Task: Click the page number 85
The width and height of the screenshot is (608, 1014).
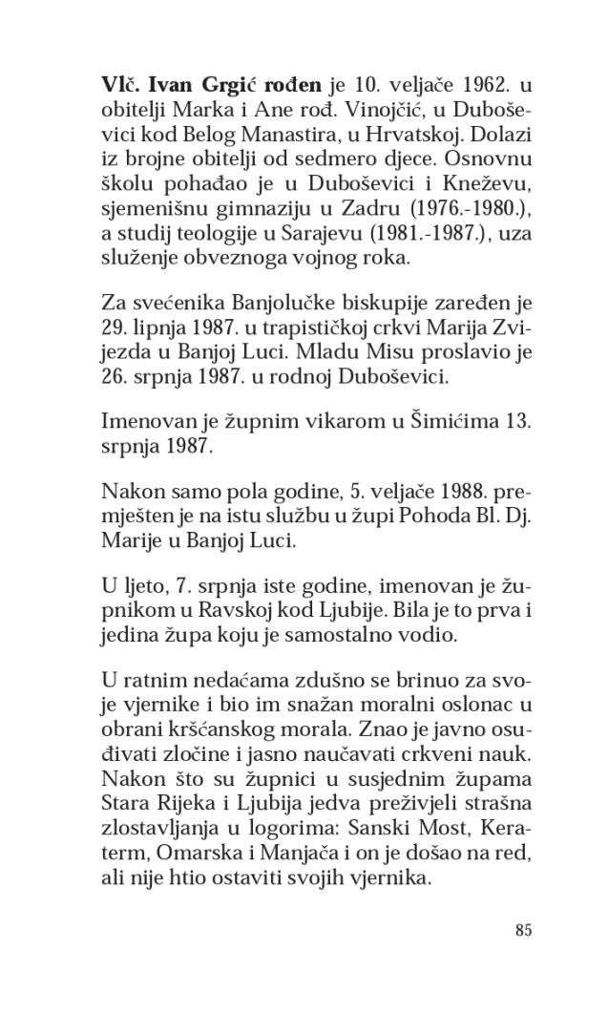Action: pos(521,932)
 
